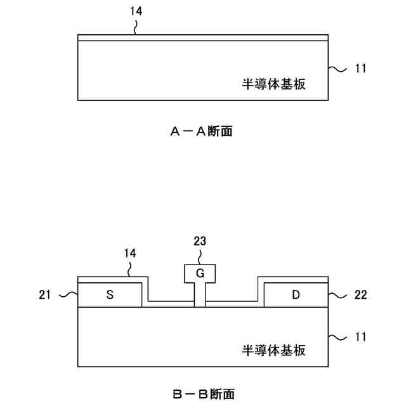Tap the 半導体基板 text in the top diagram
(x=274, y=84)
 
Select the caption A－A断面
(x=202, y=131)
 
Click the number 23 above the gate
(x=199, y=241)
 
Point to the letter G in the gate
(x=200, y=274)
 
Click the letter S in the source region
(x=110, y=294)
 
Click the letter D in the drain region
(x=295, y=294)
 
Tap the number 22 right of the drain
(x=360, y=295)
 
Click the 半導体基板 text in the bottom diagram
(x=274, y=350)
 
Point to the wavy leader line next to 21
(x=66, y=295)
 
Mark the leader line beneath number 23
(x=200, y=256)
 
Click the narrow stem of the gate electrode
(x=200, y=295)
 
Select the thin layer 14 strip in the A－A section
(x=203, y=38)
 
